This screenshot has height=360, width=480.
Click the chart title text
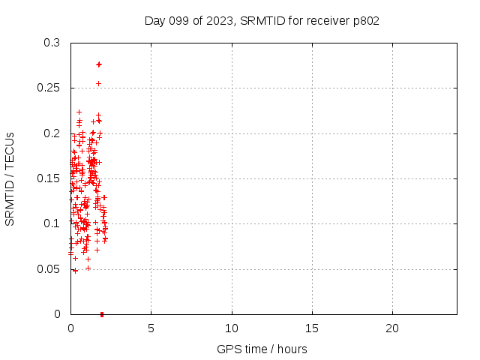point(262,20)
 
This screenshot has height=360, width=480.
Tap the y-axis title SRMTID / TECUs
point(10,178)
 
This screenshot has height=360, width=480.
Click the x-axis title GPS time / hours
point(262,349)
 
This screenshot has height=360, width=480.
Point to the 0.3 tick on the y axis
point(52,43)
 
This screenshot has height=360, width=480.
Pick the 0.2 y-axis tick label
point(52,133)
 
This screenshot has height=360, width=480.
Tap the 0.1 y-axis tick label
point(52,223)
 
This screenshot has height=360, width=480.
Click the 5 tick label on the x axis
point(151,328)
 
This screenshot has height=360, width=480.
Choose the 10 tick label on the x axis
point(232,328)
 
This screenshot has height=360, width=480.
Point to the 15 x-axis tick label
point(312,328)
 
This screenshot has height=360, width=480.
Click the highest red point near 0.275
point(99,64)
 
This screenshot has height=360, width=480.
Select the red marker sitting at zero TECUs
point(102,313)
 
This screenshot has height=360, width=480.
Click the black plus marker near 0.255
point(98,83)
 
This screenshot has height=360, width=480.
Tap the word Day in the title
point(154,20)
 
